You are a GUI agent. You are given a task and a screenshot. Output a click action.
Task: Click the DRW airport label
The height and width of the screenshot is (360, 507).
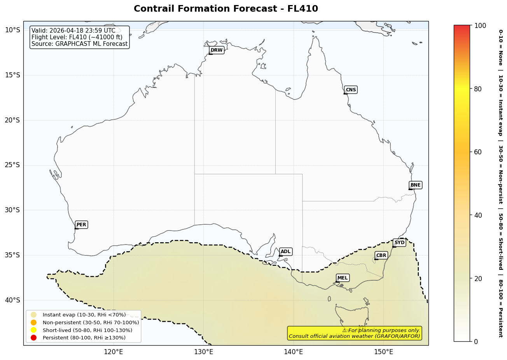(x=217, y=50)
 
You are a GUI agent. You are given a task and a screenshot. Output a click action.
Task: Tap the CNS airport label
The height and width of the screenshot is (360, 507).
(x=351, y=90)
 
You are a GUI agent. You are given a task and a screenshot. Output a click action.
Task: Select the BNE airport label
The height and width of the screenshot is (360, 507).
(x=415, y=185)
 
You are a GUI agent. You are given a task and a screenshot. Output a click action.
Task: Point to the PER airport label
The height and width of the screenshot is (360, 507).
(x=81, y=225)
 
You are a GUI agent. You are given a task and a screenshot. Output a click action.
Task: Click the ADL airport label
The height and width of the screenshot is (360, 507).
(x=285, y=252)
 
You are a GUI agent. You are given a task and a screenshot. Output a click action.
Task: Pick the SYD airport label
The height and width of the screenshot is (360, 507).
(x=399, y=243)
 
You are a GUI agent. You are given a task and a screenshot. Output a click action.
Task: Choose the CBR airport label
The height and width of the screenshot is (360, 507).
(x=381, y=255)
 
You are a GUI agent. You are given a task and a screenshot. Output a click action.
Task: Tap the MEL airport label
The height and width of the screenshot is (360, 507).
(x=343, y=278)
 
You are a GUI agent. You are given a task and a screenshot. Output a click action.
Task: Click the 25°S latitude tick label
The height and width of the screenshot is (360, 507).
(x=12, y=165)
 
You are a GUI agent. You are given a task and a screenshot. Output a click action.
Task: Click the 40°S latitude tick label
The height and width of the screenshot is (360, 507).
(x=12, y=300)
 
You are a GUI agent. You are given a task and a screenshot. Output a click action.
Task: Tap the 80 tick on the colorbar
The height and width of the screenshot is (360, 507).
(x=478, y=89)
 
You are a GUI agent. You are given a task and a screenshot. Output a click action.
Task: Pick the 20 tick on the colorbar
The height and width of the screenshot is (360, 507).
(x=478, y=278)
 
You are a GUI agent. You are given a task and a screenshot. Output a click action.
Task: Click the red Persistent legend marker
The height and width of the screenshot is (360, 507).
(x=33, y=337)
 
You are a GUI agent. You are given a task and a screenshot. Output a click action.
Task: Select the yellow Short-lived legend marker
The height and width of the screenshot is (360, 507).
(x=33, y=330)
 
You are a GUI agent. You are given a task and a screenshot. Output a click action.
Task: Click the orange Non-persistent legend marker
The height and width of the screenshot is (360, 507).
(x=33, y=322)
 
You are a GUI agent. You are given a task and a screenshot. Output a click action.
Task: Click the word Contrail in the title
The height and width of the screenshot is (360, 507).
(x=153, y=9)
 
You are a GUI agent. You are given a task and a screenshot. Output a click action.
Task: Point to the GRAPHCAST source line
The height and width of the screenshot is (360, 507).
(x=79, y=44)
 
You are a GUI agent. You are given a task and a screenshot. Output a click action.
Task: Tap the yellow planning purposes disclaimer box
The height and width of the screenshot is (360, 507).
(x=354, y=333)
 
